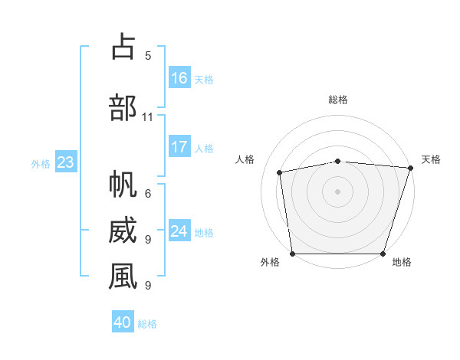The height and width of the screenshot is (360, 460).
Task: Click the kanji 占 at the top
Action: [123, 47]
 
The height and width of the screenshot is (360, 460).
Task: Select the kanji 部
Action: [123, 107]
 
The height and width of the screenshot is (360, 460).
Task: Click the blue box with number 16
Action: [179, 78]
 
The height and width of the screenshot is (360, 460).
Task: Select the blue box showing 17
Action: [179, 147]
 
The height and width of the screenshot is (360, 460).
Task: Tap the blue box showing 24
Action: [179, 231]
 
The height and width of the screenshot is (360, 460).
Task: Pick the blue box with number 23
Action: [65, 162]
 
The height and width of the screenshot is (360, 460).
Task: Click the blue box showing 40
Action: [123, 322]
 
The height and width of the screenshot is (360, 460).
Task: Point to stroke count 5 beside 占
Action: [148, 56]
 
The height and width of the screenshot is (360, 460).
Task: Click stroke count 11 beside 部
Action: [148, 117]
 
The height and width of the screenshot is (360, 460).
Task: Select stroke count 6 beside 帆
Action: [148, 194]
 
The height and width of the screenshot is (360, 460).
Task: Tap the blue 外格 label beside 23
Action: [41, 163]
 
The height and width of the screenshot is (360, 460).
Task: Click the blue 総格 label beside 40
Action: [147, 323]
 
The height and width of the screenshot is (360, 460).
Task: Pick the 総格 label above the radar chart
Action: [338, 100]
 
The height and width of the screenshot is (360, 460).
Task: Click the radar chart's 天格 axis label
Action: [431, 159]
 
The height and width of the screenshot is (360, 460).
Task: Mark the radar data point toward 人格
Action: [281, 172]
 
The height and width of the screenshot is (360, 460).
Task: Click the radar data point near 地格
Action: [383, 254]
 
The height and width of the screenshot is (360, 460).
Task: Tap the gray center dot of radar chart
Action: [337, 191]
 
